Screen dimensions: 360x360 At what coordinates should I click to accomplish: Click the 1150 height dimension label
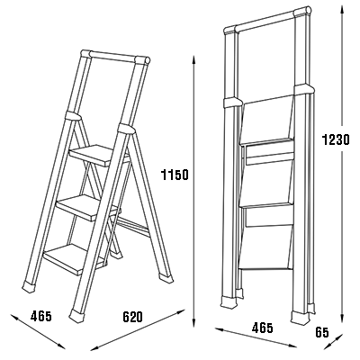coord(175,175)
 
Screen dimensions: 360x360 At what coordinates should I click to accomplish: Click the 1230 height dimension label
coord(336,139)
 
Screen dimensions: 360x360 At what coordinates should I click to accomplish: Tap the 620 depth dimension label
coord(132,317)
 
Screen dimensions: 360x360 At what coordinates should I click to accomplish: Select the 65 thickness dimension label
coord(322,333)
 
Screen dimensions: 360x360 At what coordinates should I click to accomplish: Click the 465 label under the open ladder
coord(41,316)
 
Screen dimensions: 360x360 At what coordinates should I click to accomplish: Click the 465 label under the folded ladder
coord(263,328)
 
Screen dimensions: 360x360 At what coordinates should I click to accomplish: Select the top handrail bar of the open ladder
coord(115,57)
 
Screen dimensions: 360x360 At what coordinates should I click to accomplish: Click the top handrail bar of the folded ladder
coord(267,20)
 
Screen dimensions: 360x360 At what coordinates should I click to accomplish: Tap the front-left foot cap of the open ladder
coord(30,287)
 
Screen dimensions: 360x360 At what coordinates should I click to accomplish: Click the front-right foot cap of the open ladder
coord(76,316)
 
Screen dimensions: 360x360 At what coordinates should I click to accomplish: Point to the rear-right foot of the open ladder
coord(166,277)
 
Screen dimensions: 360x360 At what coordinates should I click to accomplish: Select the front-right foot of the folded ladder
coord(299,318)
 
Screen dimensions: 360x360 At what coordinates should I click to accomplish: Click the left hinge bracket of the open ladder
coord(73,115)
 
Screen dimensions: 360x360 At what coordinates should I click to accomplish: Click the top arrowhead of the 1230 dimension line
coord(341,10)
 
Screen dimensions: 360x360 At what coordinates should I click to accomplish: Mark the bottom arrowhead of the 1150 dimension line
coord(193,326)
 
